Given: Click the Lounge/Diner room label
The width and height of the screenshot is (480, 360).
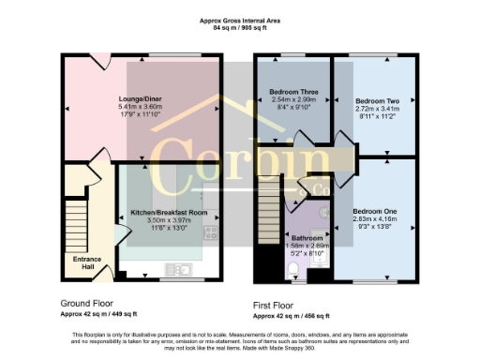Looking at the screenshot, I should coord(141,99).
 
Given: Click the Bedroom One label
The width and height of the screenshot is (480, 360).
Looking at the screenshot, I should coord(374,212).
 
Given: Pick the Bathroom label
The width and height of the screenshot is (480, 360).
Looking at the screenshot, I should coord(307,238).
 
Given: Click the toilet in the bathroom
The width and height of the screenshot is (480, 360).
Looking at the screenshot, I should coord(293,271).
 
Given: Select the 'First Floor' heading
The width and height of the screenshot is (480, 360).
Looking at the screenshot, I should coord(279,306).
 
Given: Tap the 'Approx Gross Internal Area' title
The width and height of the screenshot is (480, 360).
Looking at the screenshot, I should coord(240,20).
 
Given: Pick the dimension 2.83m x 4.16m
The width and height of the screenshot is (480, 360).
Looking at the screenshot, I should coord(374,219).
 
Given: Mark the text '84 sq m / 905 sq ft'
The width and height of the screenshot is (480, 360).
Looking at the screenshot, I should coord(240,29).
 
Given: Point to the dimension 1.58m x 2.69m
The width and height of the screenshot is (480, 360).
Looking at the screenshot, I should coord(307,246).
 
